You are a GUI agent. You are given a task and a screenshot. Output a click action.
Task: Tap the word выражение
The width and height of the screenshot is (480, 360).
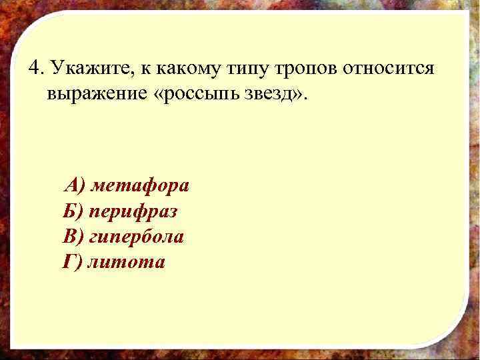tap(97, 93)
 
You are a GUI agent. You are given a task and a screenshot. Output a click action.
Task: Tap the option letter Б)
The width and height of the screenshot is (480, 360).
tap(73, 211)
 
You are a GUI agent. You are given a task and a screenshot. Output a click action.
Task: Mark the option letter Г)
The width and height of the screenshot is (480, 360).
tap(71, 262)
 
